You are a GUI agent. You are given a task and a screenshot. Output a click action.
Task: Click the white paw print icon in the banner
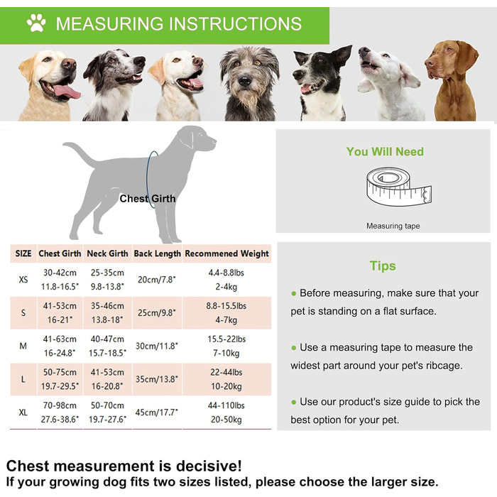tap(36, 23)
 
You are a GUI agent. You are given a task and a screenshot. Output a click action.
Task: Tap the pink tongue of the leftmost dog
tap(67, 92)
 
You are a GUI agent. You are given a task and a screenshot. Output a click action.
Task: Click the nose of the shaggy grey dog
tap(244, 81)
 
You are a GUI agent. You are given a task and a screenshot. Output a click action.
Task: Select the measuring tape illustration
tap(399, 186)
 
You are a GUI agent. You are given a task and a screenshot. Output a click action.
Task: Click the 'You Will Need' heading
tap(385, 151)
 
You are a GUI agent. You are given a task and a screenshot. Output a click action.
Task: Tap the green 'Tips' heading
tap(383, 266)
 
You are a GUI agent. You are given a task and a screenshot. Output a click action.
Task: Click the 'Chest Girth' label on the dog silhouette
tap(148, 199)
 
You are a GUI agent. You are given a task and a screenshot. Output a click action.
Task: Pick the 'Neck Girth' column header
tap(107, 253)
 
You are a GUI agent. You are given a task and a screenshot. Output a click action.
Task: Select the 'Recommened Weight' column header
tap(226, 253)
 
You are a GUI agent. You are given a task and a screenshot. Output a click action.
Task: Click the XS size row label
tap(23, 280)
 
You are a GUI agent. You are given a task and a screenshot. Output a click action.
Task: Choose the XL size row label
tap(23, 413)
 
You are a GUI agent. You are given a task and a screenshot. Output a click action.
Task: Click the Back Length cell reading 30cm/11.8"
tap(157, 346)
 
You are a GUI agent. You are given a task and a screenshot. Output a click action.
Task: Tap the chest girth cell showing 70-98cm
tap(60, 405)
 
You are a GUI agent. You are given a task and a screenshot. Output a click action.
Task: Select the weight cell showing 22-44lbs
tap(226, 372)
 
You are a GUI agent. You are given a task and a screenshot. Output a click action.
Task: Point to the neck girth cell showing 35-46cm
tap(107, 306)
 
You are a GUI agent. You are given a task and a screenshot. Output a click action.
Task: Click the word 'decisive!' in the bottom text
tap(209, 466)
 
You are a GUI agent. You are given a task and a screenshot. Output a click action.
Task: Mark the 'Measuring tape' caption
tap(393, 226)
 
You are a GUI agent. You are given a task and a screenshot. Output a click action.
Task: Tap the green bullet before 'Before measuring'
tap(293, 293)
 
